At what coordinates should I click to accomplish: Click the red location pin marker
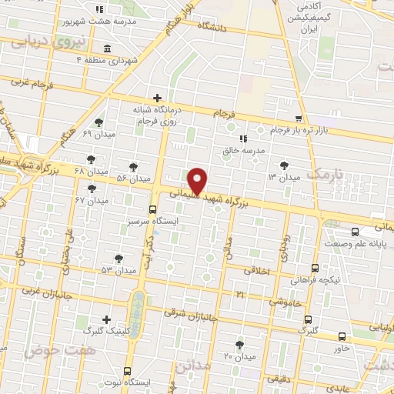[x=199, y=181]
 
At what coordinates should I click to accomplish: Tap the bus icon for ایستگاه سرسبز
[x=152, y=209]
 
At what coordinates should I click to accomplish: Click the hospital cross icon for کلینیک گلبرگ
[x=106, y=319]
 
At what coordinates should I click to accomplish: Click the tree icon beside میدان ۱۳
[x=285, y=165]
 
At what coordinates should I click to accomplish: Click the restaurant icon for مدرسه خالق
[x=243, y=139]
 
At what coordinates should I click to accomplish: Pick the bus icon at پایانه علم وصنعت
[x=353, y=231]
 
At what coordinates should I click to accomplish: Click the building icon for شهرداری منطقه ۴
[x=105, y=49]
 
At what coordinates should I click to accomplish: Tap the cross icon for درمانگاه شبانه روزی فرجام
[x=157, y=98]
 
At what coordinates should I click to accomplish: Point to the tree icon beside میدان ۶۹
[x=98, y=122]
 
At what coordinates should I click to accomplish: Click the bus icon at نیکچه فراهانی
[x=316, y=268]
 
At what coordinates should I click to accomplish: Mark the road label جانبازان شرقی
[x=192, y=316]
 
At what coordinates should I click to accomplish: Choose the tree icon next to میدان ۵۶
[x=133, y=166]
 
